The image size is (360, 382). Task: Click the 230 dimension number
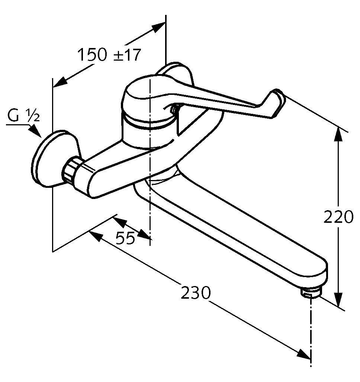195,293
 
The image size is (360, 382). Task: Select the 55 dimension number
125,238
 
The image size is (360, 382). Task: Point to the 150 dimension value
92,55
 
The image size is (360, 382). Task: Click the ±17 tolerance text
128,55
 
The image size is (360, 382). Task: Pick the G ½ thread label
23,115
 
